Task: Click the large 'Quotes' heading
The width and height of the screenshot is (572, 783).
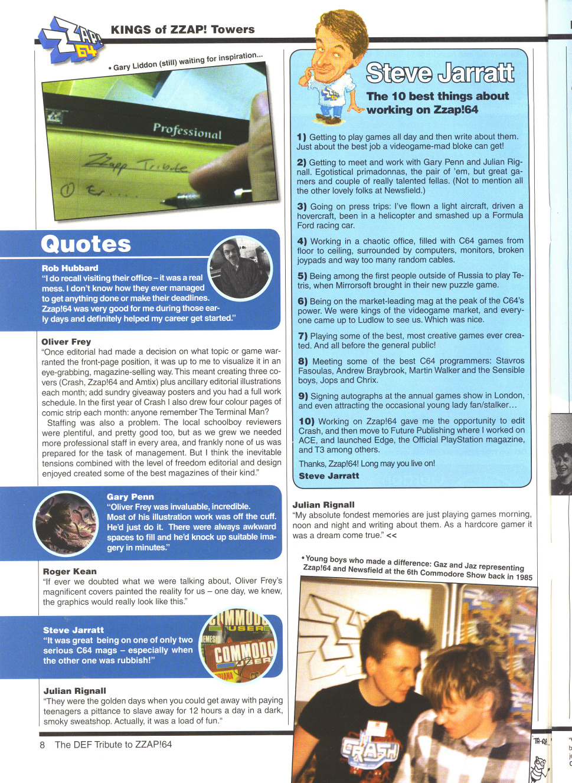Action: [86, 244]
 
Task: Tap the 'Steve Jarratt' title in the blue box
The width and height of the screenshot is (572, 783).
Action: [440, 73]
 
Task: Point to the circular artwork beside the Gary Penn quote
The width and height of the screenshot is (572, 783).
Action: [66, 522]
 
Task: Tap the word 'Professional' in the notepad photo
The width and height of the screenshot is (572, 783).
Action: [187, 130]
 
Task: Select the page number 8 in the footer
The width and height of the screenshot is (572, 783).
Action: [43, 745]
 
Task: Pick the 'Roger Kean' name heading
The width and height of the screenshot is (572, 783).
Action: [70, 571]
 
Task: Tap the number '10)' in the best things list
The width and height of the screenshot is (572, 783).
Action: [306, 421]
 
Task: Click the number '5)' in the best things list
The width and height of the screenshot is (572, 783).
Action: [302, 276]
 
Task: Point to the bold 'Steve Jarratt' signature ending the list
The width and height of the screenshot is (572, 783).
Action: [329, 476]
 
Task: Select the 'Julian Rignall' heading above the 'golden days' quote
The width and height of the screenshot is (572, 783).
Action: [75, 691]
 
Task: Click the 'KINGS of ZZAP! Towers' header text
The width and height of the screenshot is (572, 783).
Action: [182, 30]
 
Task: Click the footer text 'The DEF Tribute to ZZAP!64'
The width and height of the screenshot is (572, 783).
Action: [113, 745]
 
